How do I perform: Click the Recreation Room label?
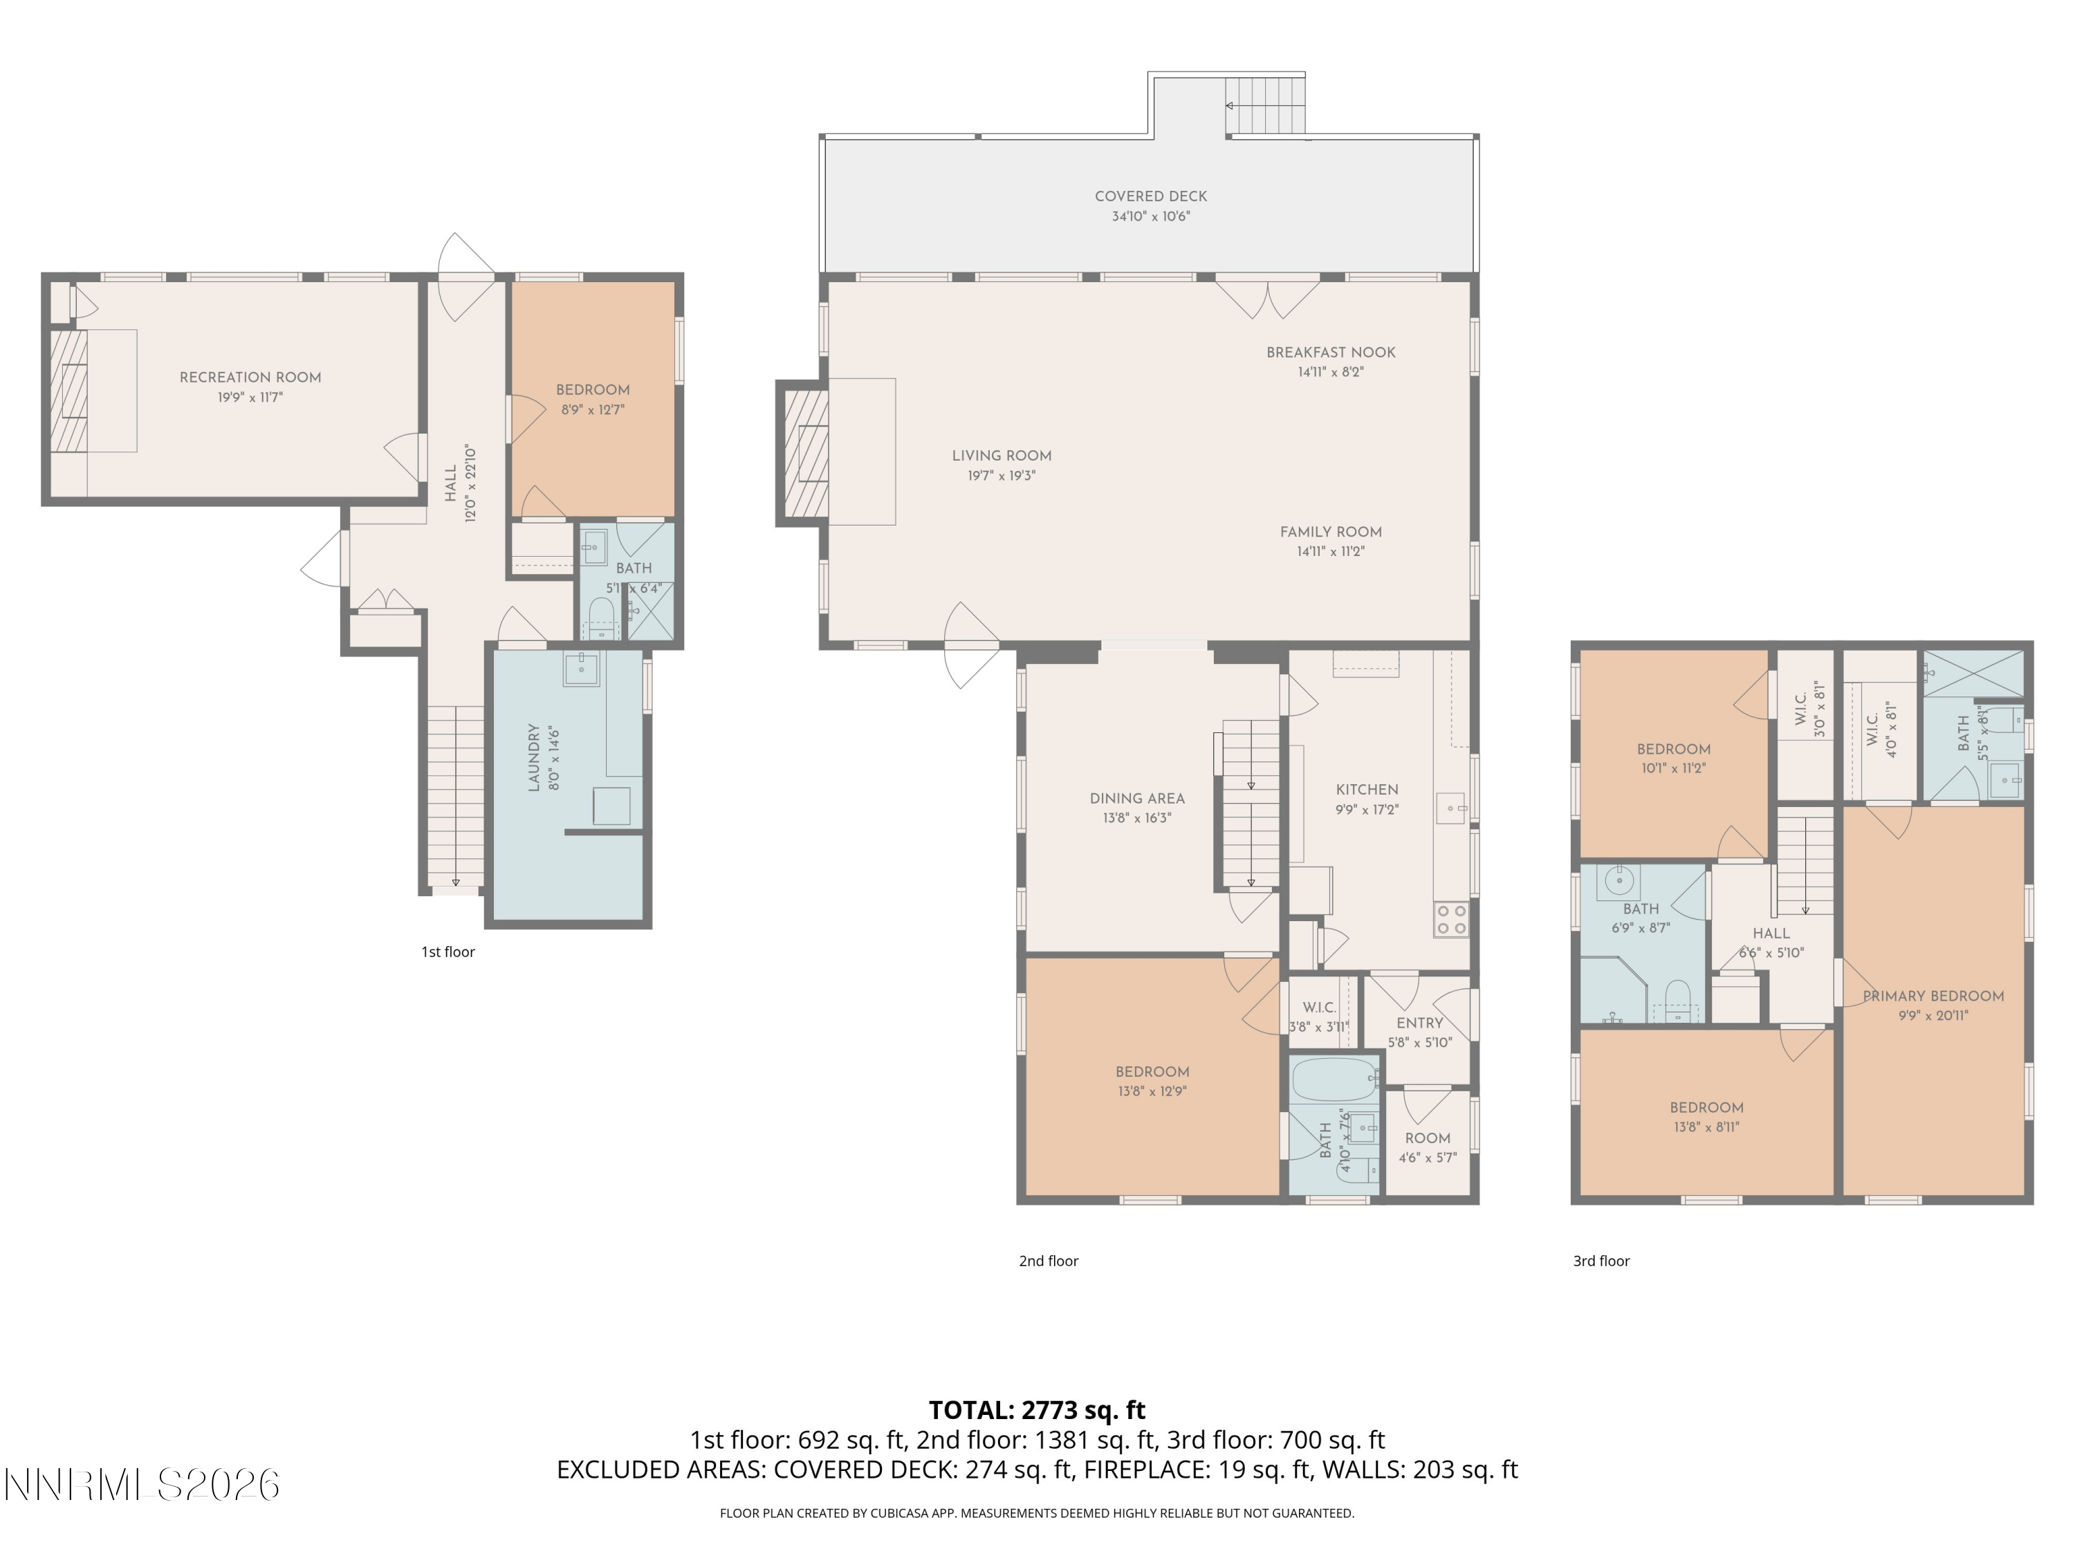(x=250, y=377)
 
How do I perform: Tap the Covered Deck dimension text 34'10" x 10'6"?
(x=1150, y=216)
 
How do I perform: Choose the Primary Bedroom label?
(x=1933, y=996)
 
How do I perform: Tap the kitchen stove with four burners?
(x=1450, y=919)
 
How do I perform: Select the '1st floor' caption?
(x=448, y=952)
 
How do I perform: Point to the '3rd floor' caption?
(x=1601, y=1261)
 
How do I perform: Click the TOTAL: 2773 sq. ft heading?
(x=1037, y=1409)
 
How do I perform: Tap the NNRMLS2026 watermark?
(x=142, y=1485)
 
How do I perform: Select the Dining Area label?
(x=1137, y=799)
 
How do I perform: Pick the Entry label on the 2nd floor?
(x=1419, y=1024)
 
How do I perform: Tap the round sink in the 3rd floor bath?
(x=1618, y=882)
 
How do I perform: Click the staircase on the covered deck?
(x=1266, y=106)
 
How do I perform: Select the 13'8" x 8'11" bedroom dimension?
(x=1706, y=1127)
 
